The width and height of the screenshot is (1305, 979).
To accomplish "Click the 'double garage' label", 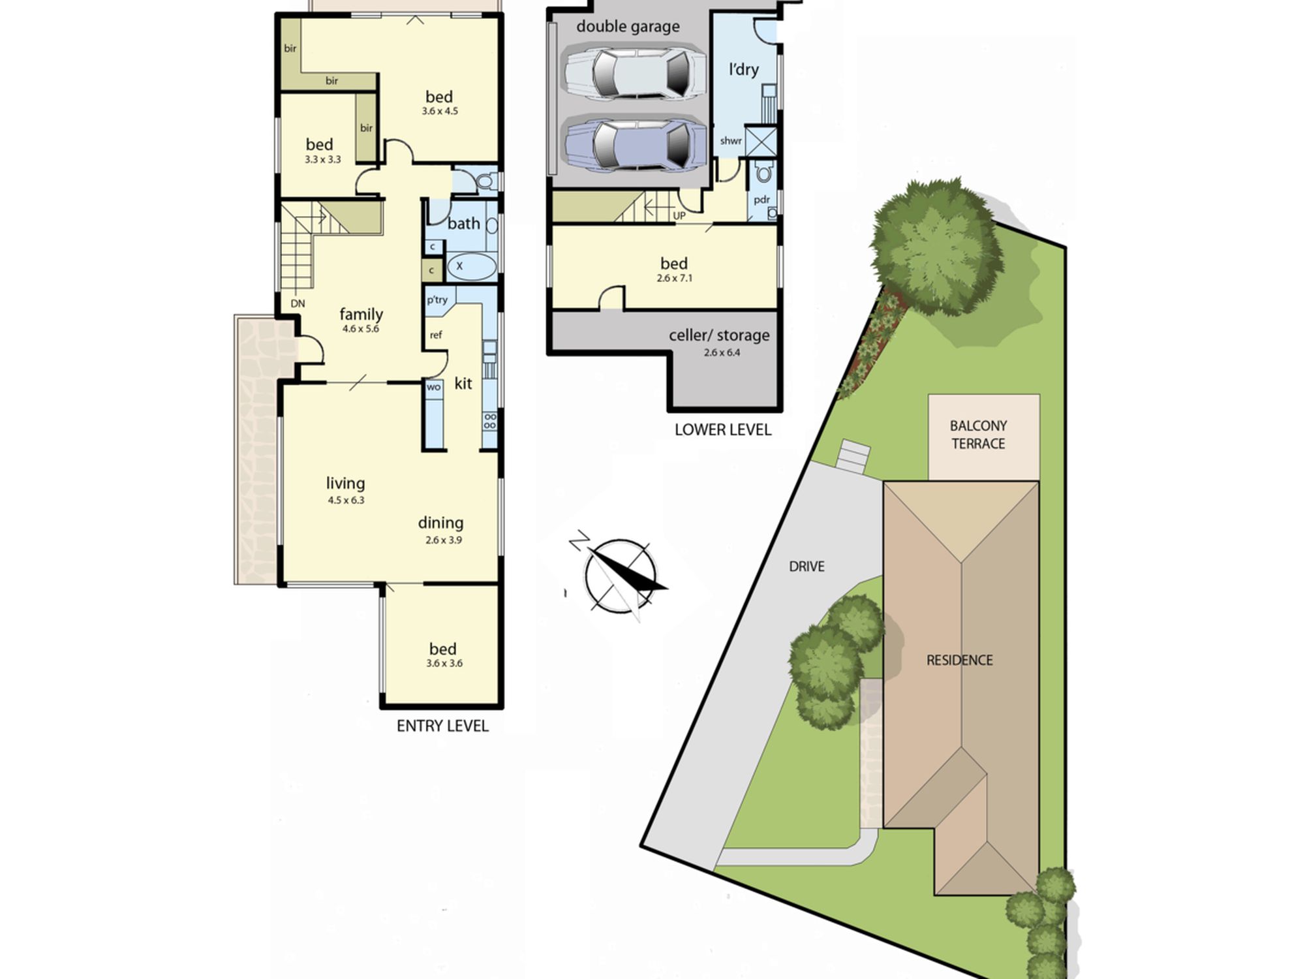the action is (x=628, y=27).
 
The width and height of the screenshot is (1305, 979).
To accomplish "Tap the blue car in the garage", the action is (x=634, y=145).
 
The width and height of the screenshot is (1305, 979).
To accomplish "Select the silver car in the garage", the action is (x=634, y=71).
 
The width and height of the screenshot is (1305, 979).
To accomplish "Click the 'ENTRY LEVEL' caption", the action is (x=442, y=726).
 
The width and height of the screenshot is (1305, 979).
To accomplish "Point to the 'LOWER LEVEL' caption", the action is (x=723, y=429).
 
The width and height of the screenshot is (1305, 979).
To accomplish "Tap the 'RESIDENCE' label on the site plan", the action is (x=959, y=660).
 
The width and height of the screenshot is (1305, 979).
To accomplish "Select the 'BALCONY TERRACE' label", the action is (x=978, y=435).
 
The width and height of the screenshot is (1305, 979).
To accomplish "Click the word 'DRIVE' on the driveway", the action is (x=806, y=567).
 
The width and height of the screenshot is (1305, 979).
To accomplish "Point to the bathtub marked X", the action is (x=472, y=267).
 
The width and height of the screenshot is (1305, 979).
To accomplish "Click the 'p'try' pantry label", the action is (x=437, y=300).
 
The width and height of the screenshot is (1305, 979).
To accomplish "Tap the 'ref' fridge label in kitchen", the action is (x=436, y=335).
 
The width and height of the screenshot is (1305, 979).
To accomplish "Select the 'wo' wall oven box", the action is (x=434, y=387).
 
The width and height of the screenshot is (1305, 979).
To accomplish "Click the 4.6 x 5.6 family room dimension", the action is (x=361, y=329).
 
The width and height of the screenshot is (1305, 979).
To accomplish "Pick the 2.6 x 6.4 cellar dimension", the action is (x=722, y=352).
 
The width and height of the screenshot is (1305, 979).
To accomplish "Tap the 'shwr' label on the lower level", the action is (x=731, y=141).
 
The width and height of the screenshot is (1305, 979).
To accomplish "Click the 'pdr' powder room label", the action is (x=761, y=200).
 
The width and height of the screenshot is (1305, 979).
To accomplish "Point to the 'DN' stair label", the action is (x=298, y=303).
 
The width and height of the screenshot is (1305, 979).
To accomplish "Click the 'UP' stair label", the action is (x=679, y=215).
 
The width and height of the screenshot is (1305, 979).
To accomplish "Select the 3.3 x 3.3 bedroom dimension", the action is (x=323, y=159).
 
